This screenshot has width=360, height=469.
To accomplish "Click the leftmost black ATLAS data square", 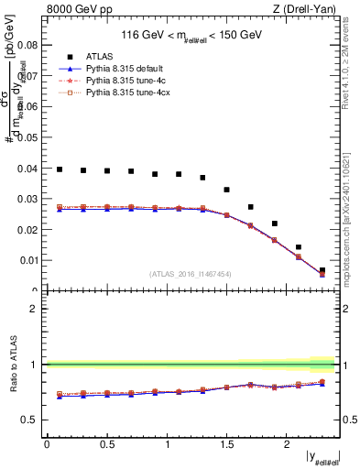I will coord(60,169).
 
